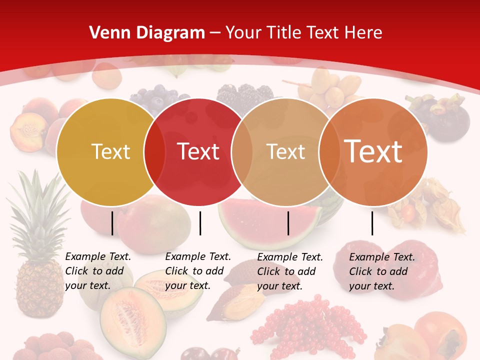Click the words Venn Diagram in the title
click(x=147, y=33)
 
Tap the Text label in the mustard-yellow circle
click(x=110, y=152)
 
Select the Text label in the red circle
click(x=198, y=152)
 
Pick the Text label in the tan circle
click(x=285, y=152)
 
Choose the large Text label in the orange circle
click(x=373, y=151)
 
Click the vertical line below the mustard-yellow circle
click(x=112, y=223)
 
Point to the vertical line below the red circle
click(x=200, y=223)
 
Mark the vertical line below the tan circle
click(x=288, y=223)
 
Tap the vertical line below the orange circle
click(x=372, y=223)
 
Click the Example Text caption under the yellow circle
click(x=98, y=271)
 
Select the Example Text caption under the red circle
click(x=198, y=271)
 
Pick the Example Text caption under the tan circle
click(x=290, y=271)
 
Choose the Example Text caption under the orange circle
click(x=382, y=271)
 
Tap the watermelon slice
click(x=270, y=222)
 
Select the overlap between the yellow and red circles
click(x=154, y=152)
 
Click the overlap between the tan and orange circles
click(x=329, y=152)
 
